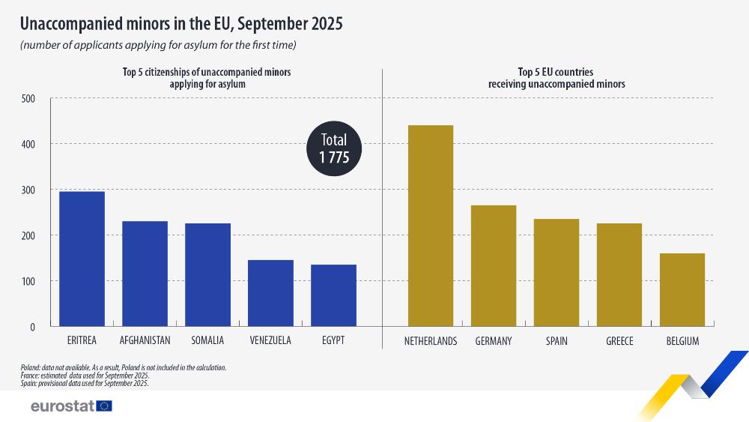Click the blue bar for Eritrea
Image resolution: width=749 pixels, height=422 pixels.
[x=82, y=259]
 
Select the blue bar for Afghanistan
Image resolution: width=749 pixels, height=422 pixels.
[x=145, y=274]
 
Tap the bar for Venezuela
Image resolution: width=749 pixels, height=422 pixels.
[x=270, y=293]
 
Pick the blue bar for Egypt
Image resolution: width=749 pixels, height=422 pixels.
[x=333, y=295]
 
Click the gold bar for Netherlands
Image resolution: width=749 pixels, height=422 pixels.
[x=430, y=226]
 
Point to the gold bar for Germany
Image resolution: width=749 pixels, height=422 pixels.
[x=493, y=265]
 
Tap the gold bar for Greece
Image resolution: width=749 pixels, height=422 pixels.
[x=619, y=274]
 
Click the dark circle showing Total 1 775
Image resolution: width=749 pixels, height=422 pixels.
[x=334, y=148]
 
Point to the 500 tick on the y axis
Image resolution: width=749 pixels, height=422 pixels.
[x=28, y=98]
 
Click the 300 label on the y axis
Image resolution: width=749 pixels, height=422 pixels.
[x=28, y=190]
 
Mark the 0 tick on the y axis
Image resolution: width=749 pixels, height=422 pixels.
[x=32, y=327]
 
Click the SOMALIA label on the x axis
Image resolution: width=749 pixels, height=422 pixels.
[x=207, y=341]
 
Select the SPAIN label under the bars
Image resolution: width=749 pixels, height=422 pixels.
[x=556, y=341]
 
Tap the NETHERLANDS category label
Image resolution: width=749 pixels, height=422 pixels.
[x=430, y=341]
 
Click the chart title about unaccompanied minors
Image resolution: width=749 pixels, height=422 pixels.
[x=181, y=24]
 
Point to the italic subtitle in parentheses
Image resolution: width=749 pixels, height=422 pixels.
[x=158, y=46]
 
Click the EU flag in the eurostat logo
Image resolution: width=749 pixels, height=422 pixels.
[x=104, y=406]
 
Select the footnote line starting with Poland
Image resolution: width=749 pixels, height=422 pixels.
[x=123, y=367]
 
